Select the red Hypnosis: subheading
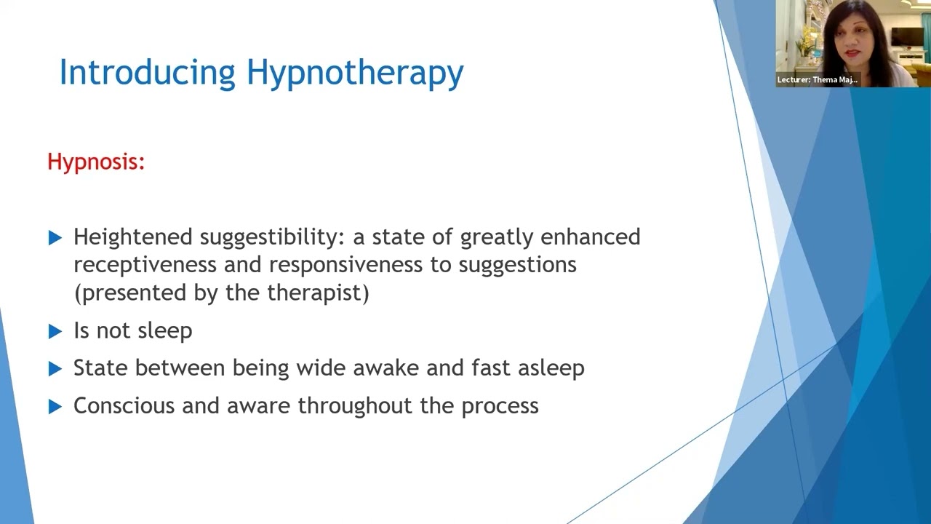pos(96,162)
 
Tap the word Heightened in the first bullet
pos(133,237)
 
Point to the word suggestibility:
pos(276,238)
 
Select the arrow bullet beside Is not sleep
pos(55,331)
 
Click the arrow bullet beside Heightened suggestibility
pos(55,238)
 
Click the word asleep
pos(551,368)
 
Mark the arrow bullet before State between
pos(55,369)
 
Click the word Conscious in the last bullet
pos(124,405)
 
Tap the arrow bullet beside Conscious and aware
pos(55,407)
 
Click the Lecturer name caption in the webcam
pos(817,80)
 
